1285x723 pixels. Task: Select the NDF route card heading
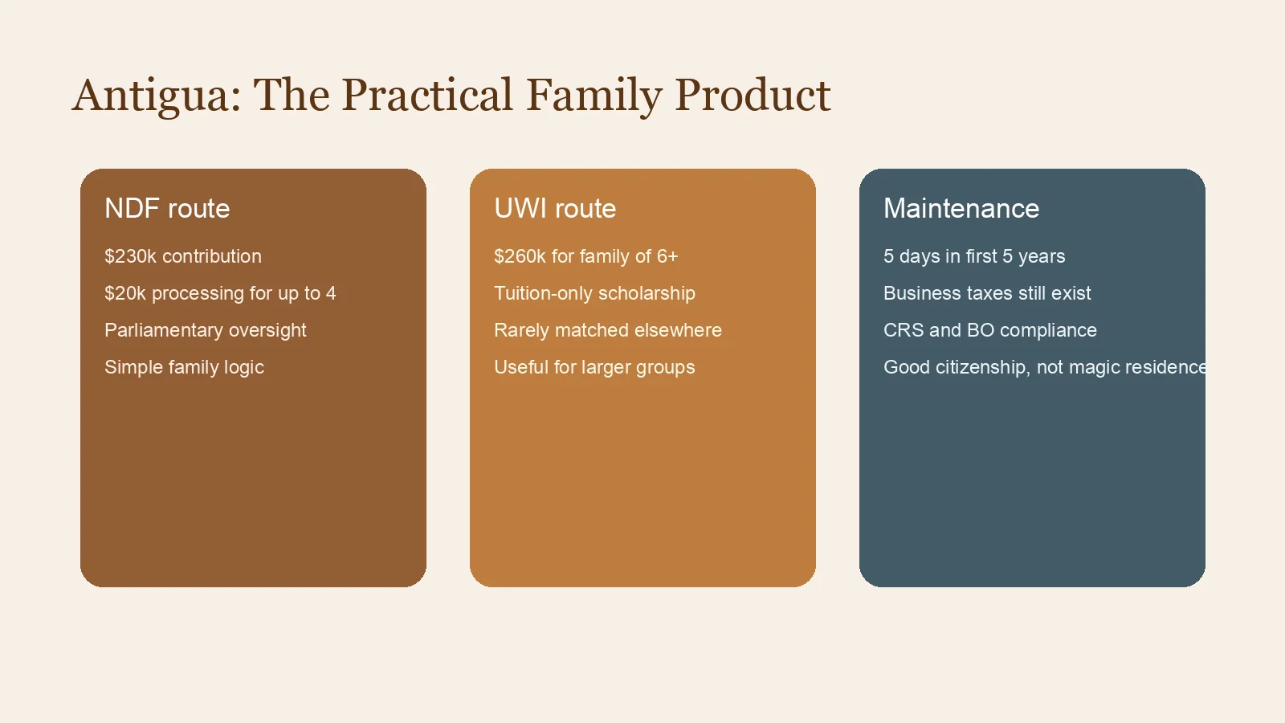(167, 209)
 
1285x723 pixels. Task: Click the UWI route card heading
(555, 209)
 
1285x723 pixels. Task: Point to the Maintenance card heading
(961, 209)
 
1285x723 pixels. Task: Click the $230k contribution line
(183, 256)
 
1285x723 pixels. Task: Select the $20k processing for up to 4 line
(220, 293)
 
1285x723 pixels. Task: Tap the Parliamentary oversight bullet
(206, 330)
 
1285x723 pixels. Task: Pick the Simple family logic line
(184, 367)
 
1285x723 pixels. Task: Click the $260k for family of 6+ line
(585, 256)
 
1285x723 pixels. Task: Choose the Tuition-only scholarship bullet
(594, 293)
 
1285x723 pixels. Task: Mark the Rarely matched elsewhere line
(608, 330)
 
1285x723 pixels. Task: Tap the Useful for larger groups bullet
(594, 367)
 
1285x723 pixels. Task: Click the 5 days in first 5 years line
(974, 256)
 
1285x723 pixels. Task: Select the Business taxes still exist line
(987, 293)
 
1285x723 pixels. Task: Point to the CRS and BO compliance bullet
(990, 330)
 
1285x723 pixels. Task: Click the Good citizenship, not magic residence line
(1044, 367)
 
